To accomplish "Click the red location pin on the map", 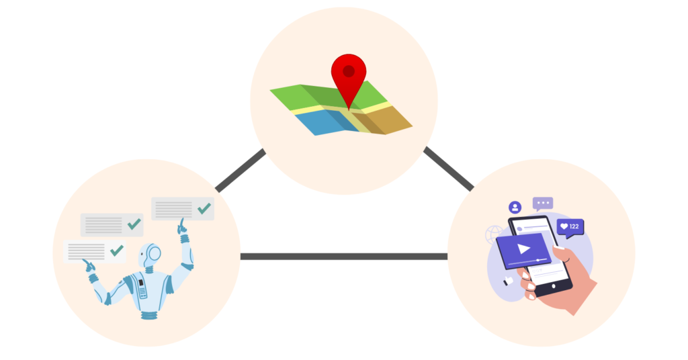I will coord(349,74).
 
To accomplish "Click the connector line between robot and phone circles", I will coord(343,256).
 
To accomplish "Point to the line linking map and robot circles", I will coord(240,171).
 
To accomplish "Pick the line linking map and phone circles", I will coord(449,169).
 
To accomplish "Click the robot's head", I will coord(151,255).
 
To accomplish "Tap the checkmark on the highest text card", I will coord(204,208).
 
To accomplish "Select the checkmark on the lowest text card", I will coord(117,251).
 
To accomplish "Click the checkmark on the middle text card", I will coord(134,224).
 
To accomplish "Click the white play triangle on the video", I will coord(523,248).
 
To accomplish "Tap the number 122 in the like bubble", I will coord(574,227).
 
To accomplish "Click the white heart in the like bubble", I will coord(564,227).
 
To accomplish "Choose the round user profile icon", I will coord(515,207).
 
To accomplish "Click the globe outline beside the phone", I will coord(494,234).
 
